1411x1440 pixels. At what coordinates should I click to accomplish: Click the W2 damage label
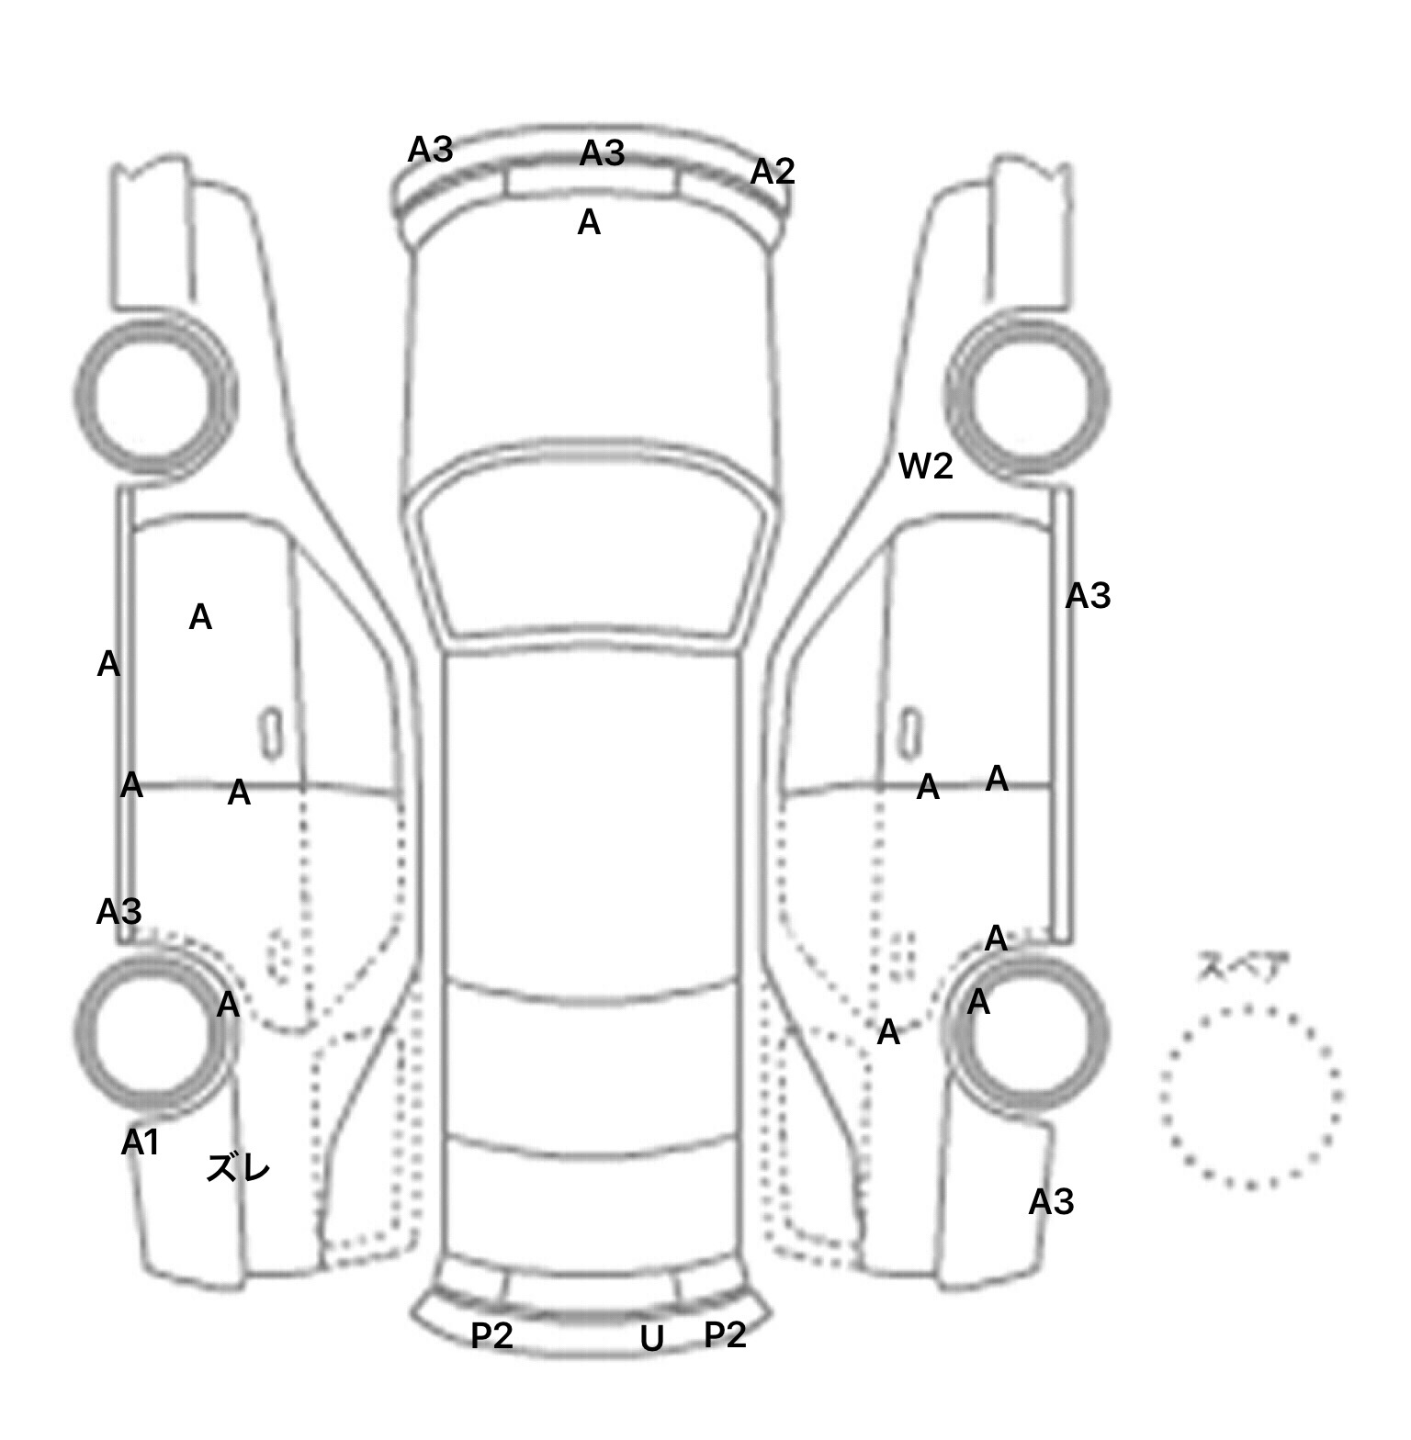click(x=925, y=467)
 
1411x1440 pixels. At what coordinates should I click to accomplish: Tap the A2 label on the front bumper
click(x=772, y=172)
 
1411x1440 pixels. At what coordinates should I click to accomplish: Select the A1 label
click(x=141, y=1142)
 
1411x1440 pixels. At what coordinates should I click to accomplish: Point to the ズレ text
click(x=238, y=1169)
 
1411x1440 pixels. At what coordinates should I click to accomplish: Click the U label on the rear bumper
click(x=651, y=1340)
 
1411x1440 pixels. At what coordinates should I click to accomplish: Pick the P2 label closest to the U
click(x=725, y=1335)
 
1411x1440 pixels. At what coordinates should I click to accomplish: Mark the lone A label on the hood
click(x=589, y=222)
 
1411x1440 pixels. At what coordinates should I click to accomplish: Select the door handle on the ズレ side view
click(x=271, y=734)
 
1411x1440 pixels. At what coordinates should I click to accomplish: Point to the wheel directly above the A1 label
click(x=154, y=1029)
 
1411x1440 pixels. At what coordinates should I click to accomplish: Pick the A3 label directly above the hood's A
click(x=602, y=153)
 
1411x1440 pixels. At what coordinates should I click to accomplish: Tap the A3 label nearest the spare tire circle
click(x=1051, y=1202)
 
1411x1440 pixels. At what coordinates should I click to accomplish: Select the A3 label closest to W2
click(x=1088, y=597)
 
